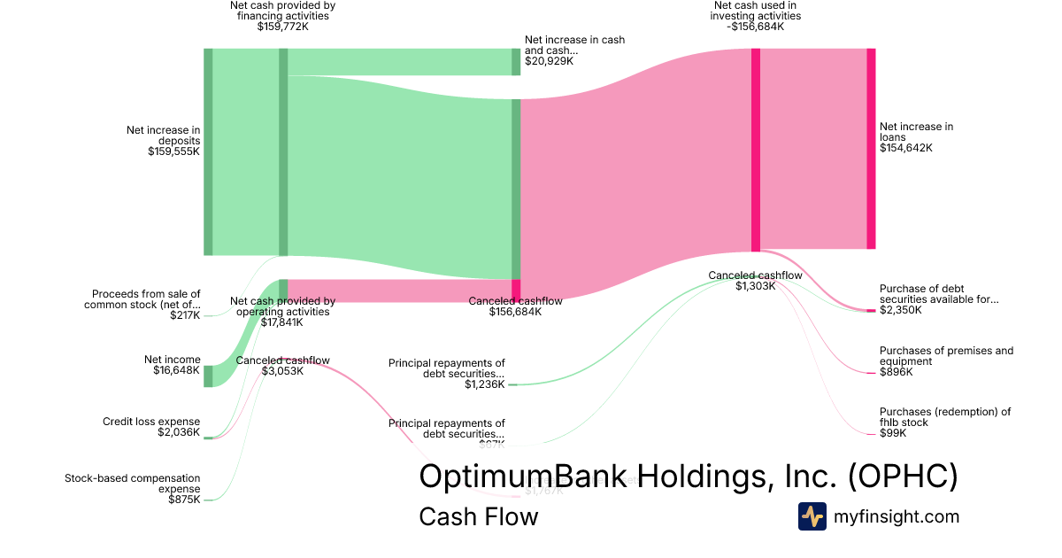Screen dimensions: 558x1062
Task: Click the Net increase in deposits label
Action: coord(163,136)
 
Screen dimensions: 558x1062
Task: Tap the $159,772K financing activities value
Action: coord(282,27)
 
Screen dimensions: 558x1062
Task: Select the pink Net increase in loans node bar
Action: coord(871,149)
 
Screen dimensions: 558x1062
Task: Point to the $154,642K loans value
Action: coord(905,148)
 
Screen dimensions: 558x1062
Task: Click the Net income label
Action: coord(173,360)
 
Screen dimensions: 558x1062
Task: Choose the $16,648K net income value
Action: coord(176,370)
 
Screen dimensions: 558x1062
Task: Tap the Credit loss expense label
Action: coord(151,422)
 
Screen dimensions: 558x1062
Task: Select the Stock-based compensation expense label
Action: coord(133,484)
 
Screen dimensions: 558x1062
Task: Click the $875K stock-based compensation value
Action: coord(184,500)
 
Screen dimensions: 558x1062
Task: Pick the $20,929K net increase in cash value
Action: coord(549,61)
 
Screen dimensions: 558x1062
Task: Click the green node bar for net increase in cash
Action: coord(516,62)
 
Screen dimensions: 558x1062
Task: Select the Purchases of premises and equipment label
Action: coord(946,356)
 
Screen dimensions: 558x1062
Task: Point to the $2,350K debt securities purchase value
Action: coord(900,310)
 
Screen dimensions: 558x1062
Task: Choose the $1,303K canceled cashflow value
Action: coord(755,286)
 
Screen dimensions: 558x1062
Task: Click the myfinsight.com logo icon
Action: coord(812,516)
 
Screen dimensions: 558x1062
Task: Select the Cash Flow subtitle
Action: coord(478,516)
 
